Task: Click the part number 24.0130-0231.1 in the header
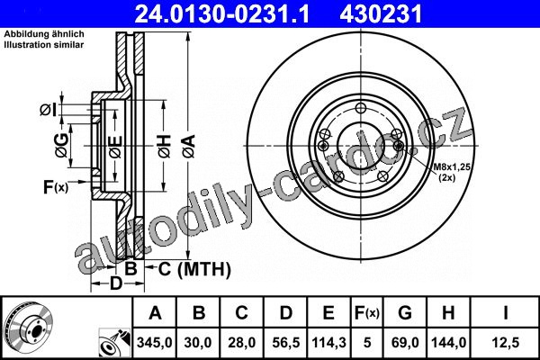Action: coord(221,14)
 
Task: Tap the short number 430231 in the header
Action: coord(381,14)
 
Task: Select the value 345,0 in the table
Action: coord(155,343)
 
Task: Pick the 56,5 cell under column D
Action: coord(286,343)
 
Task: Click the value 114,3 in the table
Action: coord(328,343)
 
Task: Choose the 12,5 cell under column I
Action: coord(505,343)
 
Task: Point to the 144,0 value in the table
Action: coord(449,343)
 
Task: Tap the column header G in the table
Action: coord(405,313)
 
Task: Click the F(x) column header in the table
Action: coord(367,313)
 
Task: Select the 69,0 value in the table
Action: coord(405,343)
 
